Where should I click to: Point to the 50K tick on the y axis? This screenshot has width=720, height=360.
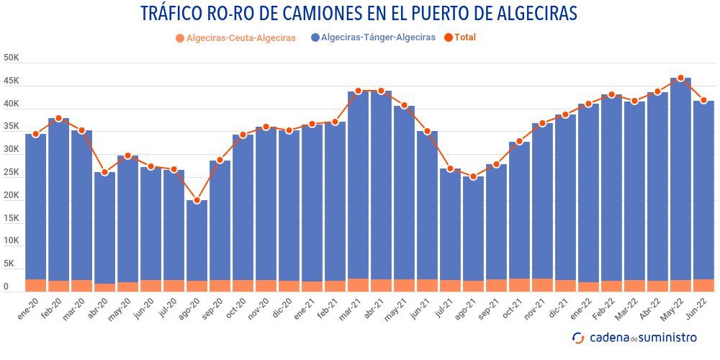(11, 58)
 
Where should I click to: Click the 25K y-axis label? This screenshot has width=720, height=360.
(11, 173)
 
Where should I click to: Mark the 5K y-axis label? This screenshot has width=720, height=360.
(8, 264)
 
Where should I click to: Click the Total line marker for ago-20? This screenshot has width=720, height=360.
(197, 200)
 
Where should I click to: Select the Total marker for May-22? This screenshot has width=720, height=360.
(680, 78)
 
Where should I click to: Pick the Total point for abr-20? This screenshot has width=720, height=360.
(104, 173)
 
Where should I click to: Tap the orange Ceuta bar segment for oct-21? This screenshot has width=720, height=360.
(519, 284)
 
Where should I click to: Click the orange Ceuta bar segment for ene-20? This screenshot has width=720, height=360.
(35, 285)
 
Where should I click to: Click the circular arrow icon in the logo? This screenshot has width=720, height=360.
(578, 338)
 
